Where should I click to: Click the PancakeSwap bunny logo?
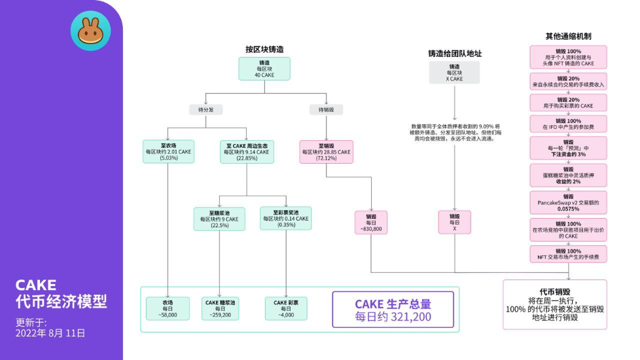coord(90,30)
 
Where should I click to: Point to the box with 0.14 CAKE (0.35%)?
coord(286,219)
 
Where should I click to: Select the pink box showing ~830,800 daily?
coord(371,223)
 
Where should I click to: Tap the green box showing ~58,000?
coord(168,309)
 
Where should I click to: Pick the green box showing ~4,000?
coord(286,309)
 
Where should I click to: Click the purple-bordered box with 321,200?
coord(393,310)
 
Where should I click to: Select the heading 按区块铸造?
coord(264,49)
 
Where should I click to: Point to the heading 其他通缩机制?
coord(568,36)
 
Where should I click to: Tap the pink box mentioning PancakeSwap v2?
coord(568,203)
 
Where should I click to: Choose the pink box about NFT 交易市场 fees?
coord(568,254)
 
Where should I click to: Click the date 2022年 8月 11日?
coord(50,333)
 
